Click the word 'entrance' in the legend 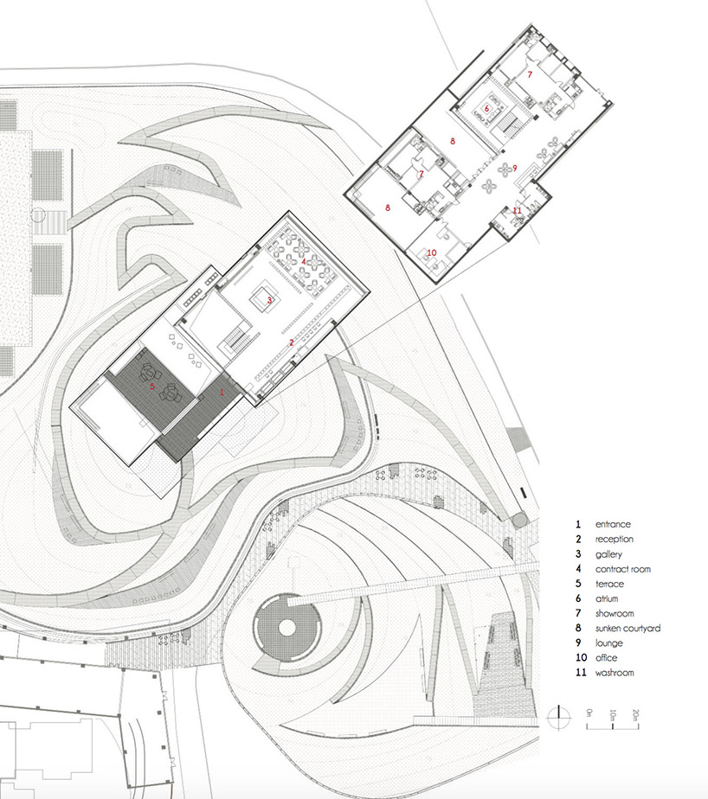(613, 524)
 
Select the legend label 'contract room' (623, 569)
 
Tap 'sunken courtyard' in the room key (628, 629)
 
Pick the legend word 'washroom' (615, 673)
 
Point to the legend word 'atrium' (607, 598)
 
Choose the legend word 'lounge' (609, 643)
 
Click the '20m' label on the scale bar (635, 715)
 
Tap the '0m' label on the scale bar (589, 713)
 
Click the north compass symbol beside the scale (559, 718)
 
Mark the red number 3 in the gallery (270, 301)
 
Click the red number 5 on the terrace (152, 387)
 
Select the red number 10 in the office (432, 252)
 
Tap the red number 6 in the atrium (486, 109)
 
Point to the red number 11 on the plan (518, 210)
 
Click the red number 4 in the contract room (304, 261)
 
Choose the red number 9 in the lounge (515, 168)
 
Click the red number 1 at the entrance (222, 393)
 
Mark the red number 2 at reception (292, 343)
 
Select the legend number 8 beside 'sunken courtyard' (578, 629)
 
